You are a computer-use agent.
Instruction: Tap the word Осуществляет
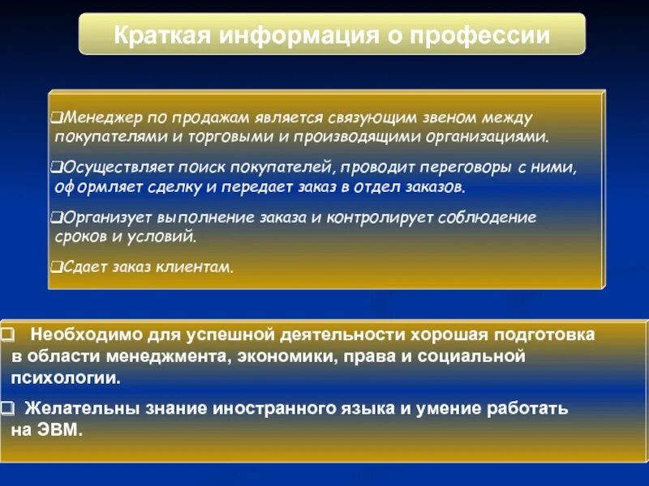pos(109,168)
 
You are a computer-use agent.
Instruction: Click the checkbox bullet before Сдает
pos(54,266)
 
